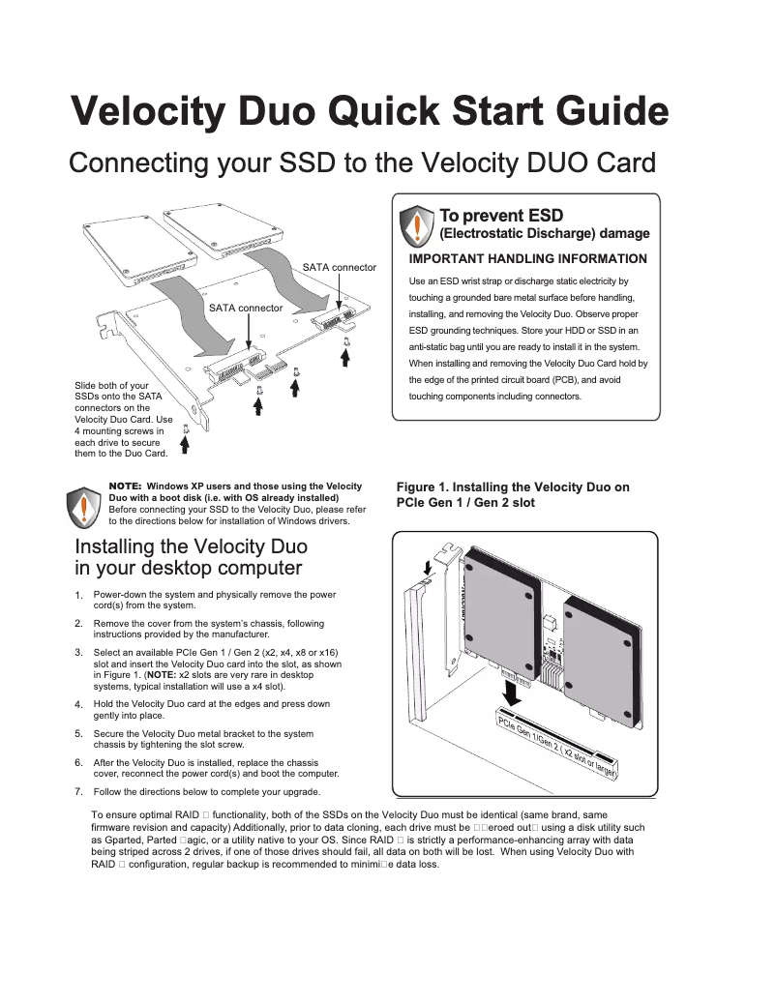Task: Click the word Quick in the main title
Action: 385,112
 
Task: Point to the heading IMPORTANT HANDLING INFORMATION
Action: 528,259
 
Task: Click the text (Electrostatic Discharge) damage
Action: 545,234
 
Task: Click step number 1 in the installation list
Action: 78,595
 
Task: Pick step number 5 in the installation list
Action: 78,734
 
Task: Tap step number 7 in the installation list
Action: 78,791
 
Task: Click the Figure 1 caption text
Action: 513,494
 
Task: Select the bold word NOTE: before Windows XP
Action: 126,486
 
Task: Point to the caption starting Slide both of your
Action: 112,386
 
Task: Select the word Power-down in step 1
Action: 121,594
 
